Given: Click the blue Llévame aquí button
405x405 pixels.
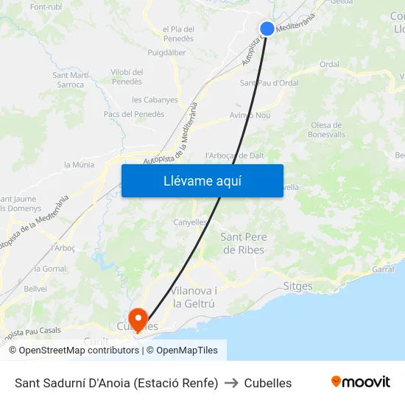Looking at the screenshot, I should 202,180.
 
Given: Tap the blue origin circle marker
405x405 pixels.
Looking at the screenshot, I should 267,29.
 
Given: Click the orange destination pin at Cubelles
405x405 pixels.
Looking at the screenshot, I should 138,317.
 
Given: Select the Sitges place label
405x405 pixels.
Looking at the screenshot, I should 297,286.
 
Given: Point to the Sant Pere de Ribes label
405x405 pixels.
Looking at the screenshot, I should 243,243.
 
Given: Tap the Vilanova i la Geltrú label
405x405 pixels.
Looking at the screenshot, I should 194,297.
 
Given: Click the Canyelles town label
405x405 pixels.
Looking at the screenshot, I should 190,222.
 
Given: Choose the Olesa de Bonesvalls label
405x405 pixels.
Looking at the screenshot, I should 327,130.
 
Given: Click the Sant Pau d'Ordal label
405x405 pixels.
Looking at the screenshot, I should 269,83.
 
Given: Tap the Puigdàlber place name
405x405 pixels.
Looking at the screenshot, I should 166,53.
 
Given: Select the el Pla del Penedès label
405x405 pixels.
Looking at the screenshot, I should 178,33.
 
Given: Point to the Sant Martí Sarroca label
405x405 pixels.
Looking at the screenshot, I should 71,80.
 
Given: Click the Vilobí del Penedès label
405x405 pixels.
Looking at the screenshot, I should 127,77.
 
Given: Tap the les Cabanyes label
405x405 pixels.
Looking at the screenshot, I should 155,99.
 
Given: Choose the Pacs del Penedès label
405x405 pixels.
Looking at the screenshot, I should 134,114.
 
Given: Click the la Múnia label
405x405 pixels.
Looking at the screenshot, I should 80,165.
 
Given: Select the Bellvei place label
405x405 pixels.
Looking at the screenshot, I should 35,289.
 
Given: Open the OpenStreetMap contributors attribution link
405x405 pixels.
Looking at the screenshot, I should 79,351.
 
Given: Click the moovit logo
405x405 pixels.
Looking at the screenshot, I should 360,382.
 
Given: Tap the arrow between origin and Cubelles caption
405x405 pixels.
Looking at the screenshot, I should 231,383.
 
